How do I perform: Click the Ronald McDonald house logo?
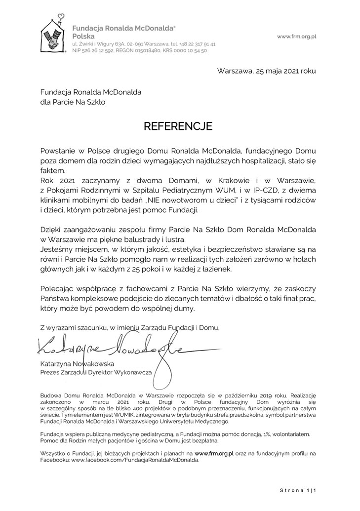coord(53,35)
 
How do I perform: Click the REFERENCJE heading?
coord(178,126)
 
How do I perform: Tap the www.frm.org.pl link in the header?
coord(296,37)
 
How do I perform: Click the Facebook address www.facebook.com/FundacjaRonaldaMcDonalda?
coord(135,459)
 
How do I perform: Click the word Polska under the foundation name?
coord(83,37)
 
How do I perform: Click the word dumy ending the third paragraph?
coord(185,309)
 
